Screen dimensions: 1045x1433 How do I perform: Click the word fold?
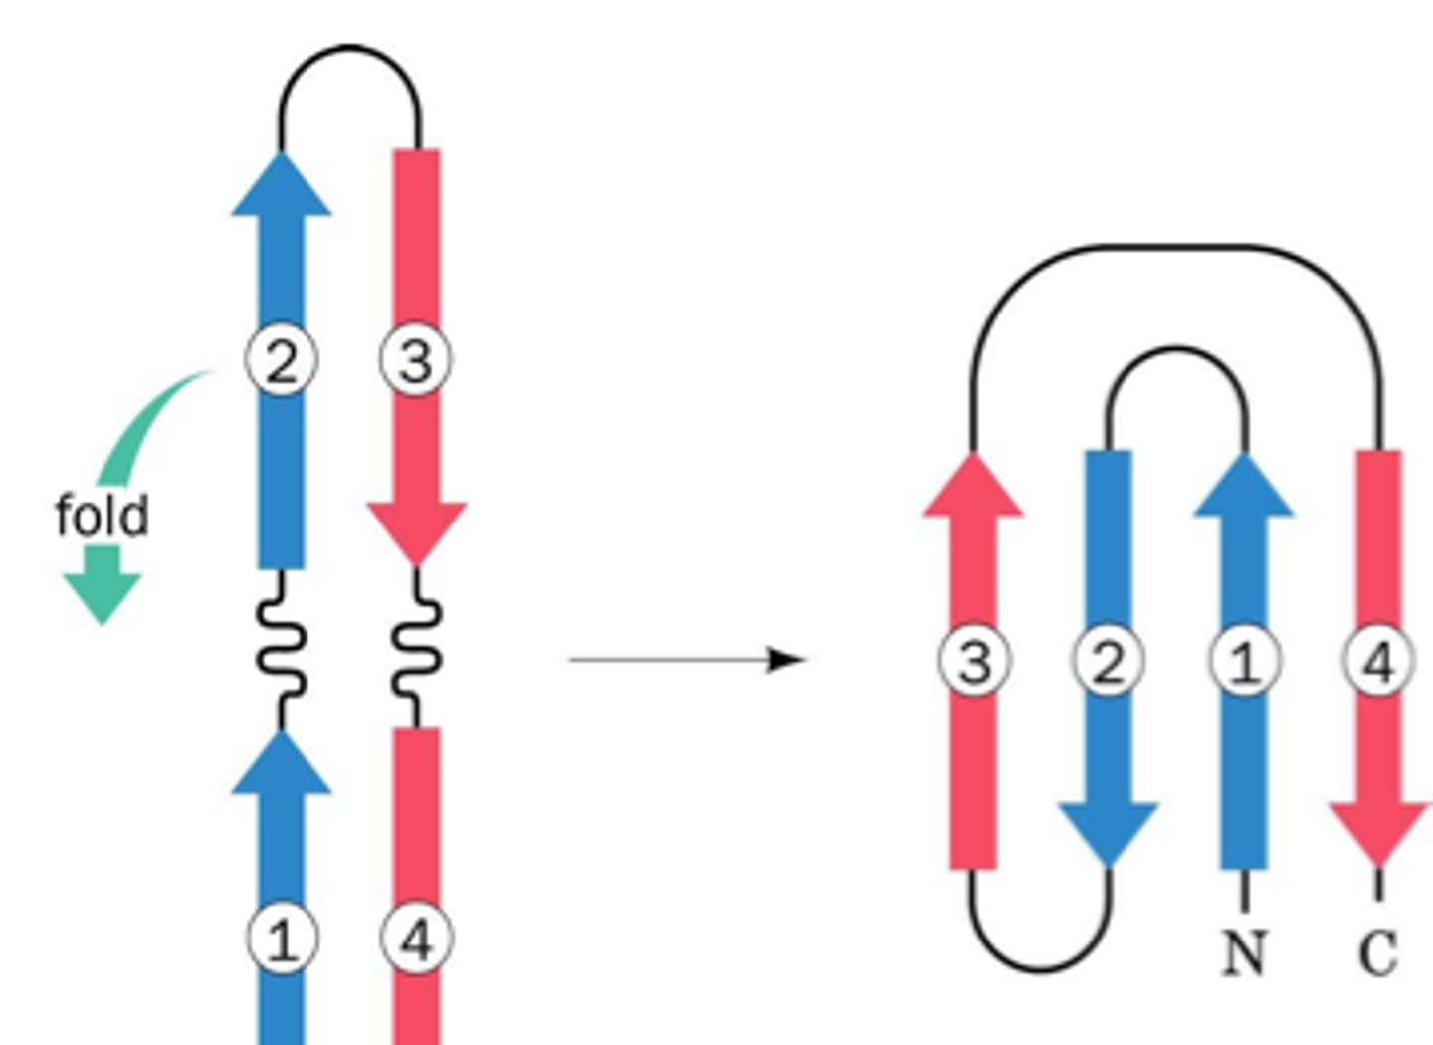coord(102,516)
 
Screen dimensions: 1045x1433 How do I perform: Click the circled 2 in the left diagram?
coord(282,360)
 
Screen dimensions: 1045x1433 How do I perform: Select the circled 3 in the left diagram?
coord(415,360)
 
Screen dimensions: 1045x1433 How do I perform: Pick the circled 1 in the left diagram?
coord(283,939)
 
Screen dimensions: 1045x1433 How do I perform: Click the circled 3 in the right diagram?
coord(974,661)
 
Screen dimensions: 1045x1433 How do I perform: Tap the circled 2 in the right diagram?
coord(1108,661)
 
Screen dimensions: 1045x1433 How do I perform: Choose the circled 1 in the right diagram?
coord(1244,661)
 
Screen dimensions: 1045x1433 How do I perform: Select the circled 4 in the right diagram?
coord(1378,661)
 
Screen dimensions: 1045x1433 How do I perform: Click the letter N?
coord(1244,952)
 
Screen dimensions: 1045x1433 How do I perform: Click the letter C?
coord(1378,952)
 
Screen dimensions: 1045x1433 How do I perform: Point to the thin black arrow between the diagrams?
coord(687,659)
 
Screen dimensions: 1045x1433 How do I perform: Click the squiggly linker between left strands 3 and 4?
coord(416,649)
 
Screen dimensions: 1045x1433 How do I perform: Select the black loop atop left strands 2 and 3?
coord(349,48)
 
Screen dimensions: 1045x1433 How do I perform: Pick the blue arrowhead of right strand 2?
coord(1108,831)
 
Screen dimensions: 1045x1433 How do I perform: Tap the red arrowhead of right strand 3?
coord(973,489)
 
